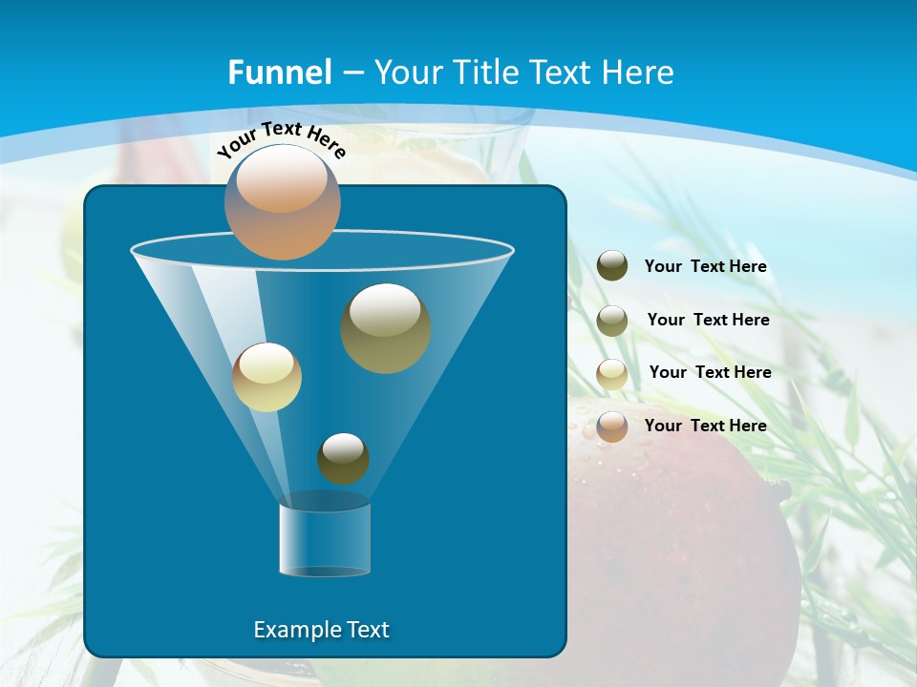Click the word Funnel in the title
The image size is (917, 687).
[x=280, y=73]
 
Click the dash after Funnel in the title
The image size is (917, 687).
[x=352, y=73]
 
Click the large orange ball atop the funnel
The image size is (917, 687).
[x=282, y=201]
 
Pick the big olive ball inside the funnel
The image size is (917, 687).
[x=386, y=328]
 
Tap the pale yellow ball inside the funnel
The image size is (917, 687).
[x=267, y=377]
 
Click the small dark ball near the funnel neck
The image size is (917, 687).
[x=343, y=458]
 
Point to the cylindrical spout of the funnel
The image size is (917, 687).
[x=325, y=540]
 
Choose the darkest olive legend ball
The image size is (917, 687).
[x=612, y=265]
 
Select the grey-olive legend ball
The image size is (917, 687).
[x=612, y=320]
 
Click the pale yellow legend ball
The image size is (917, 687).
[x=612, y=373]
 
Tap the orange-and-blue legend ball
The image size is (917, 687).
[x=612, y=427]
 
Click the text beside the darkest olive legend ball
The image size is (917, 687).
[x=705, y=266]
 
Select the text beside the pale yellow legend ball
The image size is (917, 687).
[x=710, y=372]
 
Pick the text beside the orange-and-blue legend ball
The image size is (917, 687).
[x=705, y=426]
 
